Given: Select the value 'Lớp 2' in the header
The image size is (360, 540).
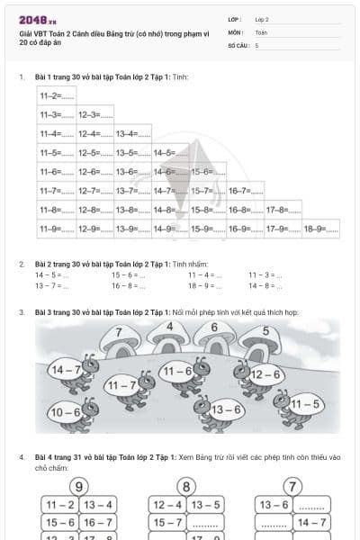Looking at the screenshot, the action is coord(262,19).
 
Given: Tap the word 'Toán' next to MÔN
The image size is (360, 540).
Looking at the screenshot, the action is coord(261,31).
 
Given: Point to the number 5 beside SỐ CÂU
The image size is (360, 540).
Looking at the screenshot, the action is coord(256,44).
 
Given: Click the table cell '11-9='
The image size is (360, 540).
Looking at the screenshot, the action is coord(50,229).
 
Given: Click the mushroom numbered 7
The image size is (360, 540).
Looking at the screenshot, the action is coord(118,337).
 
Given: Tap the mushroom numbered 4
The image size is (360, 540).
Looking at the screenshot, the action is coord(171,329).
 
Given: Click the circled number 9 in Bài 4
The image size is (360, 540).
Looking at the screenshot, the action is coord(79,487).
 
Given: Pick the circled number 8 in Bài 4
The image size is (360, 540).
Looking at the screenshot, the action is coord(186,487).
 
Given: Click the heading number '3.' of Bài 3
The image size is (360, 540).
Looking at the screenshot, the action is coord(22,312).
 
